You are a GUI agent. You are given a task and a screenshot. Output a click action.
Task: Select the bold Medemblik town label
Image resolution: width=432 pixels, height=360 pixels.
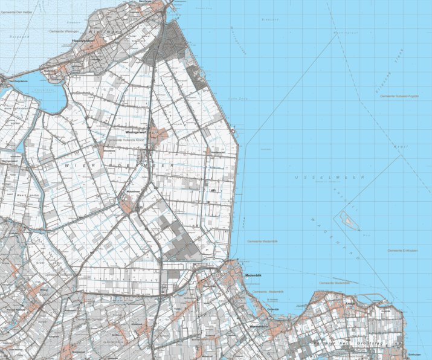point(253,275)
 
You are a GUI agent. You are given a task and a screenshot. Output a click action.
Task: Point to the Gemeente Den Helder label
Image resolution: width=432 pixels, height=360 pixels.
point(17,11)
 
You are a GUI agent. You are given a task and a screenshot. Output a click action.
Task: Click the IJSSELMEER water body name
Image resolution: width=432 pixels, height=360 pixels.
point(330,177)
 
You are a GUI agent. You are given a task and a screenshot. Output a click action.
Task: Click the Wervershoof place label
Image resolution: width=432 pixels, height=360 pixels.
point(260,327)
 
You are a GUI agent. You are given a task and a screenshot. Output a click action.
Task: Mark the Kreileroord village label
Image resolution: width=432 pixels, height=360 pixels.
point(218,153)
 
